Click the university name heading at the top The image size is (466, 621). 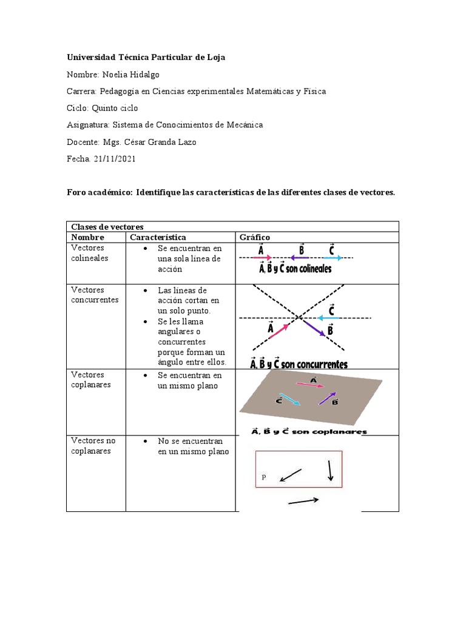point(146,57)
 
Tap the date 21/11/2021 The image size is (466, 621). point(113,159)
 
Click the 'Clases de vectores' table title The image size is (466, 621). point(107,227)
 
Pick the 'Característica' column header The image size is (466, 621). point(158,237)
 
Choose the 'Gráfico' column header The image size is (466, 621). point(255,237)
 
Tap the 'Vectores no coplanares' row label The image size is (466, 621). point(93,446)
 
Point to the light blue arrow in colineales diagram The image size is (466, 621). point(332,258)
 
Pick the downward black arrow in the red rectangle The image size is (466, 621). point(329,471)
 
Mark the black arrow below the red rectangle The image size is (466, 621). point(303,501)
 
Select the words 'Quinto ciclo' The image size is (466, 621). point(115,108)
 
